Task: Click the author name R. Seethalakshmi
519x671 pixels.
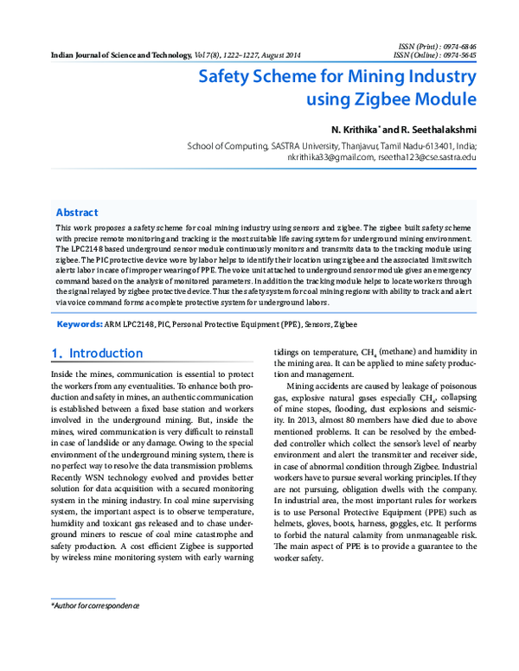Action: pos(432,129)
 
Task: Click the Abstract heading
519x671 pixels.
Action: pos(77,212)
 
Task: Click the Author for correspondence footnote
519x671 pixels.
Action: pos(96,608)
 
